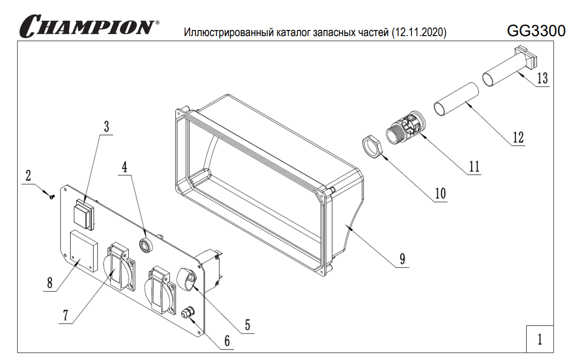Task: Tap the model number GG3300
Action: (536, 31)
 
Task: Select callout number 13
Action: (542, 79)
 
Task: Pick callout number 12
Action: (518, 137)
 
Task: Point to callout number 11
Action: (474, 166)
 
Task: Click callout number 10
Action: (440, 194)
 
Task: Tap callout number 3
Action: (106, 127)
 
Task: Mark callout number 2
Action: (28, 176)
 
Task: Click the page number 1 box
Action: (539, 338)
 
